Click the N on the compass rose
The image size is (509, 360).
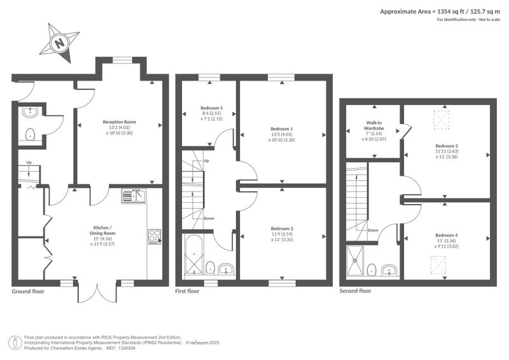click(60, 43)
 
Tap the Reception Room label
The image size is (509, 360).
click(119, 122)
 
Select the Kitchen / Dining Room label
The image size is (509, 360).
click(102, 230)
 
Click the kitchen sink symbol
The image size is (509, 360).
click(134, 196)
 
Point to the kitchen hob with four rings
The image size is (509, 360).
click(155, 237)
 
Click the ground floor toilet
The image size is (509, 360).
click(30, 134)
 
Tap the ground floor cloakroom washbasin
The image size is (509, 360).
click(30, 113)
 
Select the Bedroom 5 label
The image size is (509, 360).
click(211, 107)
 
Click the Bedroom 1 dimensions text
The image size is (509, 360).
click(282, 137)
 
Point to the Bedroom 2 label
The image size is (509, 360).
click(282, 228)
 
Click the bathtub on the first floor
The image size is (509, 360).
click(193, 255)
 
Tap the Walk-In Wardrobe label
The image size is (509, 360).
click(374, 125)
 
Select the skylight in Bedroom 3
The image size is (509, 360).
click(442, 120)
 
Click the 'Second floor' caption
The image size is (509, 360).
click(355, 291)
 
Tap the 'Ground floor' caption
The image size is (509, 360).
click(28, 291)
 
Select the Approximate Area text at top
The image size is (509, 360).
click(440, 11)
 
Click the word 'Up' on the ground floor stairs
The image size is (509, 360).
click(29, 162)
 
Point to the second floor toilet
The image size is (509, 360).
click(372, 270)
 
